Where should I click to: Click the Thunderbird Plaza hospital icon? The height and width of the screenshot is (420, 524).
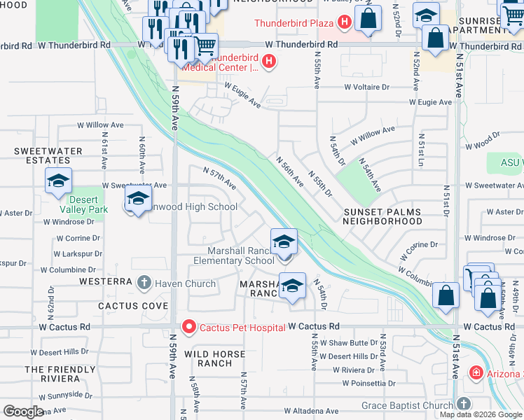click(344, 22)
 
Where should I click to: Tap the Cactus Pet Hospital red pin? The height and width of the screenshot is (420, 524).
click(188, 327)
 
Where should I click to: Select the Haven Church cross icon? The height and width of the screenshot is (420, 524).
click(144, 283)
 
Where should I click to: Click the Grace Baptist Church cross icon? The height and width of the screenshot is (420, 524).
click(462, 405)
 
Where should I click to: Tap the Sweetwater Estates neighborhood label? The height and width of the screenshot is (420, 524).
click(48, 155)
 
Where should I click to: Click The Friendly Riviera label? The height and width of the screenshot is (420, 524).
click(60, 374)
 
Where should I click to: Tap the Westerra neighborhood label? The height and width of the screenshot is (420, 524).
click(106, 281)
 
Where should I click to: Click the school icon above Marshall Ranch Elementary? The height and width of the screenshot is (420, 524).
click(284, 242)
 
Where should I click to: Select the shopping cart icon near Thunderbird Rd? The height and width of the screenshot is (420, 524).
click(205, 47)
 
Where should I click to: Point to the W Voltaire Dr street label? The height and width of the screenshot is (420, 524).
click(366, 87)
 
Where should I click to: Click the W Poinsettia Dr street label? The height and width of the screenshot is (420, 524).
click(371, 383)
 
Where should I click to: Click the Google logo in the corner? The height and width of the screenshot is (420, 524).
click(24, 411)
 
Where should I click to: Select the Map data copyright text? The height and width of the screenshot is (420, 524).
click(481, 414)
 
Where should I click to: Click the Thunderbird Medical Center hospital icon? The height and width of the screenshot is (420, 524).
click(268, 62)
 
